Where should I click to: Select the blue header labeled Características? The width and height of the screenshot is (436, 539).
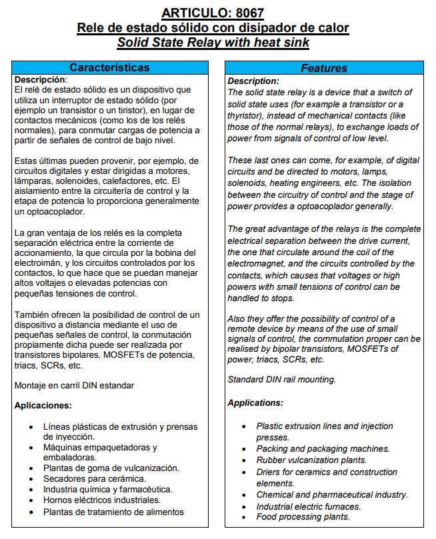(x=110, y=67)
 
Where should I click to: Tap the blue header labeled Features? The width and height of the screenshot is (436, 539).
(x=324, y=68)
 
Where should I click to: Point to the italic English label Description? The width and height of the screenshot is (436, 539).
(x=253, y=81)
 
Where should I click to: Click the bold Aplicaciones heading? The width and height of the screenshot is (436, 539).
(x=43, y=405)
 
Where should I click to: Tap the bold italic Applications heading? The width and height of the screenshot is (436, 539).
(x=255, y=402)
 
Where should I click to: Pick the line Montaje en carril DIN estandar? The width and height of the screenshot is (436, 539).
(x=74, y=385)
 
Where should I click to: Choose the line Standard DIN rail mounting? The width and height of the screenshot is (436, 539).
(x=281, y=380)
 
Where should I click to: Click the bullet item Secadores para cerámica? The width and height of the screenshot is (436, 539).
(x=95, y=478)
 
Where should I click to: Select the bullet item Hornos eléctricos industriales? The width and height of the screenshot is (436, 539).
(x=102, y=500)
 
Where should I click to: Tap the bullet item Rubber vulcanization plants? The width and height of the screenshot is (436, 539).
(x=311, y=460)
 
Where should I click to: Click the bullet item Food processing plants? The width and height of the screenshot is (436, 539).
(x=303, y=516)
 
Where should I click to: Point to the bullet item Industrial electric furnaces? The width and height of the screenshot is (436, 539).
(x=309, y=506)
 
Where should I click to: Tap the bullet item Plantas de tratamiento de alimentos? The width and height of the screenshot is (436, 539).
(x=113, y=512)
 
